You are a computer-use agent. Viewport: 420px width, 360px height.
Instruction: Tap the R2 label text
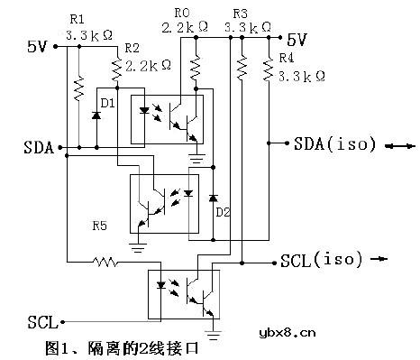(x=131, y=47)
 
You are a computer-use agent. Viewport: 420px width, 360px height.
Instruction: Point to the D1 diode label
(x=108, y=104)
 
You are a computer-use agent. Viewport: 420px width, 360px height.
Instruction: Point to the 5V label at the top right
(x=297, y=40)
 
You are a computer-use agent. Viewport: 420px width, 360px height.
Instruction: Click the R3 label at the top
(x=240, y=14)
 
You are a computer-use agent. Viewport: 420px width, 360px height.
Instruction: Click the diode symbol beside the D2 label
(x=213, y=198)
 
